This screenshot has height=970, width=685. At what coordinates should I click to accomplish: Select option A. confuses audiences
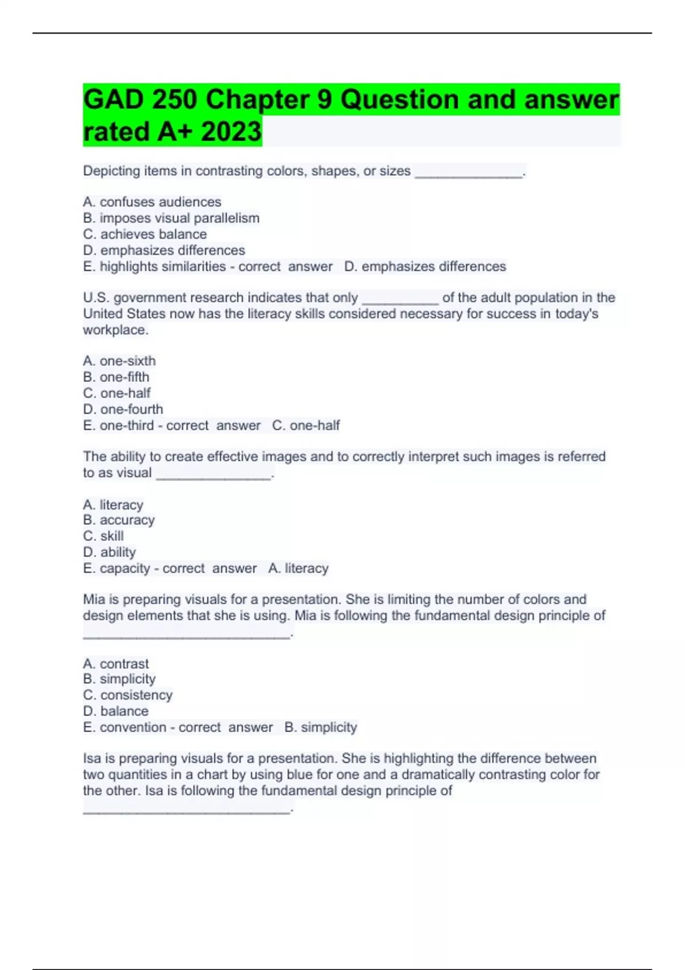tap(152, 202)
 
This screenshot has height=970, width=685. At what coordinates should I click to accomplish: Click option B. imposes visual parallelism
tap(171, 218)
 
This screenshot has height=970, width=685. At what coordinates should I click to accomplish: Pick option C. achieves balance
tap(145, 234)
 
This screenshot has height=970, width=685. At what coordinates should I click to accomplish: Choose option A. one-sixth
tap(119, 361)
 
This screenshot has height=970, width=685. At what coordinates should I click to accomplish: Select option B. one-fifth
tap(116, 377)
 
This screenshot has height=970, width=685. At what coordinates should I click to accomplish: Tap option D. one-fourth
tap(123, 409)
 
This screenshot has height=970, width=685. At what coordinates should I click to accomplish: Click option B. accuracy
tap(119, 520)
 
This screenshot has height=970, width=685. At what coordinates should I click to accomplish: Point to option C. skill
tap(103, 536)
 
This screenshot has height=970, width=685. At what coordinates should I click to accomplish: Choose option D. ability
tap(110, 552)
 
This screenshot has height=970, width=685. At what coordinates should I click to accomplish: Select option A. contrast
tap(116, 664)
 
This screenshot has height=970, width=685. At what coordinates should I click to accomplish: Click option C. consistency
tap(128, 695)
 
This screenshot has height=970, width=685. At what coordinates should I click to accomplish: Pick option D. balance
tap(116, 711)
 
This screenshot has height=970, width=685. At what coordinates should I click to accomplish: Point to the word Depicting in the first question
tap(111, 171)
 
